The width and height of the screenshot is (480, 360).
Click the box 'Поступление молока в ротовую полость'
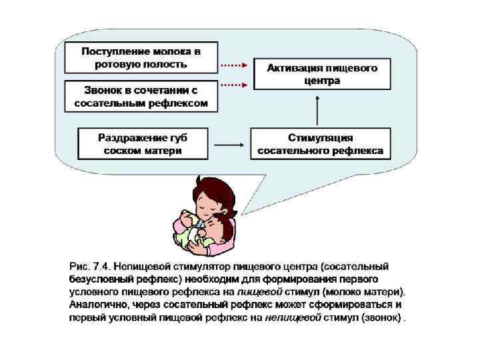pyautogui.click(x=141, y=57)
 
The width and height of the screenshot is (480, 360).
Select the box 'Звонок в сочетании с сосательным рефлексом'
pyautogui.click(x=141, y=96)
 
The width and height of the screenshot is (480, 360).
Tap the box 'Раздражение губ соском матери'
pyautogui.click(x=143, y=144)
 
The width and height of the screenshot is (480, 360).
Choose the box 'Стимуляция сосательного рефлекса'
pyautogui.click(x=320, y=144)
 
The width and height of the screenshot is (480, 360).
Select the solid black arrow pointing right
pyautogui.click(x=231, y=144)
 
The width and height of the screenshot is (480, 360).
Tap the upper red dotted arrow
pyautogui.click(x=234, y=66)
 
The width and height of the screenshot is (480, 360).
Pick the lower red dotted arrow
pyautogui.click(x=234, y=85)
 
